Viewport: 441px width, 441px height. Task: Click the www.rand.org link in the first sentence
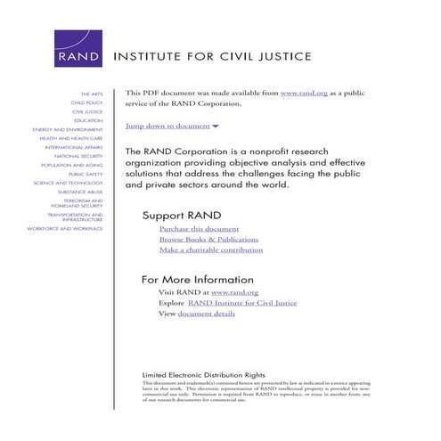301,94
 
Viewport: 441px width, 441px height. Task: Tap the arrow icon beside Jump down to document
216,127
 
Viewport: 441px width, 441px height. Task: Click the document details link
206,314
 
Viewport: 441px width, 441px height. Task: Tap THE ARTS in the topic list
92,94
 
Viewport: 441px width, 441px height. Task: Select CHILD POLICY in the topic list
87,102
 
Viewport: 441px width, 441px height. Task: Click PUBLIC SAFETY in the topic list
86,174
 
